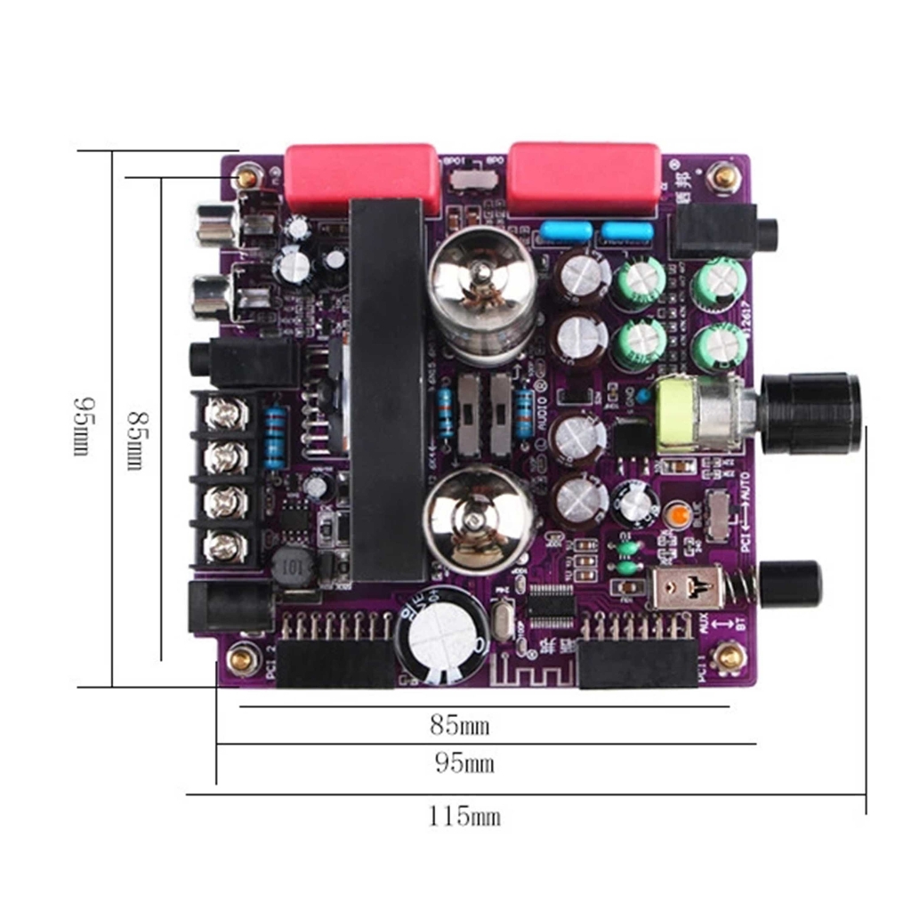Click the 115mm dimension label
[464, 816]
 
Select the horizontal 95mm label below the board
[464, 762]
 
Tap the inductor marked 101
[292, 566]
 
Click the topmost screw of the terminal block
[225, 413]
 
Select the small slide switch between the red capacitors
[472, 178]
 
